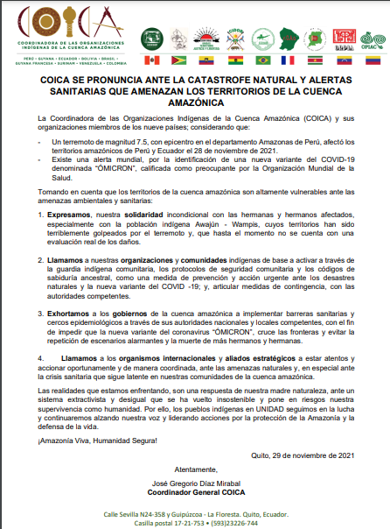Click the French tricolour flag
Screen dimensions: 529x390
point(289,60)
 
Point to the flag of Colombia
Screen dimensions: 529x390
point(373,60)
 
